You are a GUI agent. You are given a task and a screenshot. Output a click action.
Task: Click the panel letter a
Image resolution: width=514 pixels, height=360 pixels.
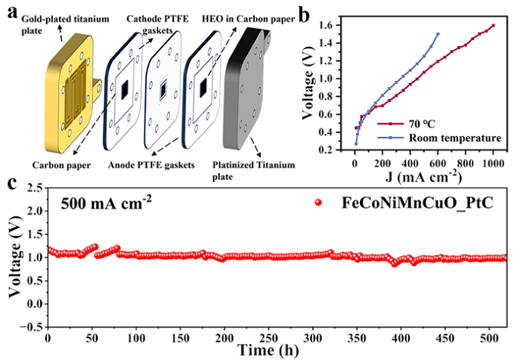[10, 10]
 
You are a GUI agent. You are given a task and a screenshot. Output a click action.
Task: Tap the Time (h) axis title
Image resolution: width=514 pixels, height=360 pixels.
[275, 351]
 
